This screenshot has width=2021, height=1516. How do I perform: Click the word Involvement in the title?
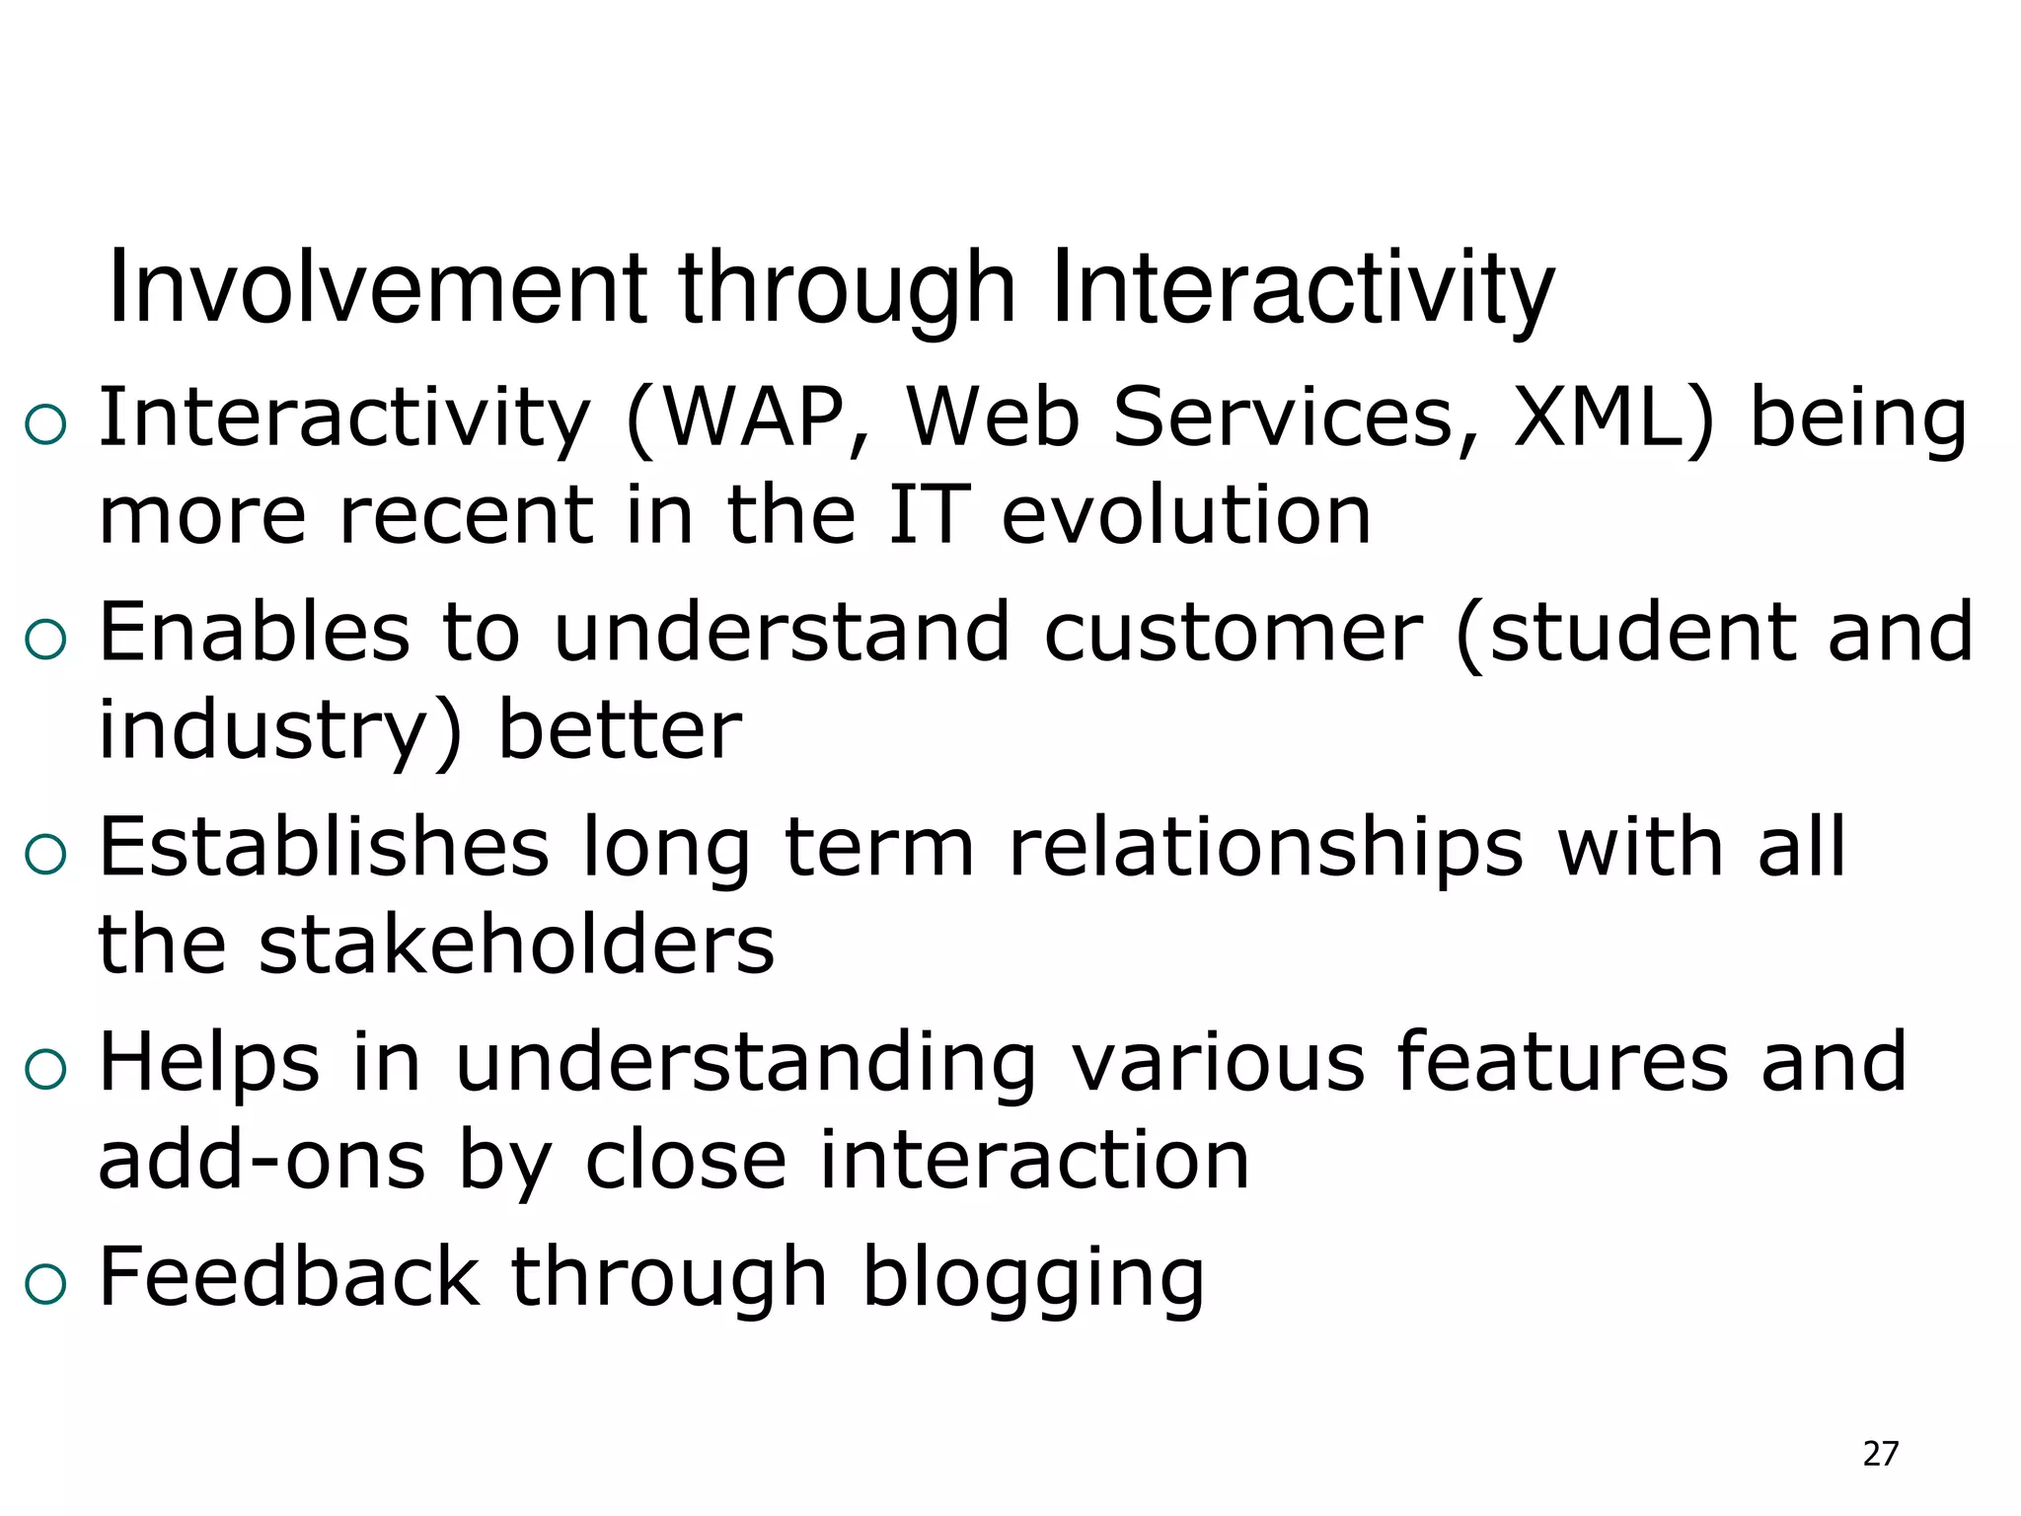click(376, 288)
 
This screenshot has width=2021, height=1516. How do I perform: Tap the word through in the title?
click(847, 288)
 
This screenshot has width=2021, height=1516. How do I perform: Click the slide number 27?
click(1880, 1454)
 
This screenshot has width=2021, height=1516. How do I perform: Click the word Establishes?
click(324, 847)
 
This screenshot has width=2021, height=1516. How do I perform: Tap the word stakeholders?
click(515, 945)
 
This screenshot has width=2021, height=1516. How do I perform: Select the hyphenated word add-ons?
click(262, 1161)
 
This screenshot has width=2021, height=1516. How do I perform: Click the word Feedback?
click(289, 1277)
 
